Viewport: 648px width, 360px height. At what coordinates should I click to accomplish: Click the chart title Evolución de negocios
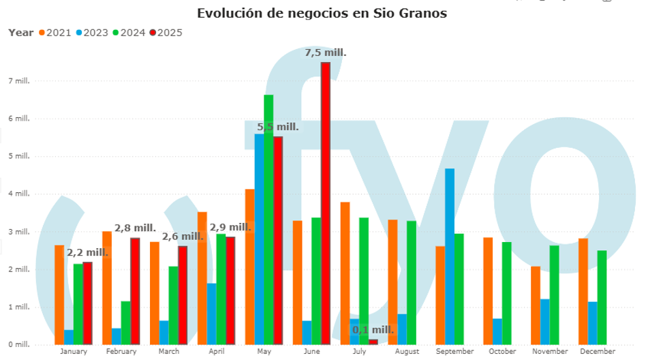coord(322,13)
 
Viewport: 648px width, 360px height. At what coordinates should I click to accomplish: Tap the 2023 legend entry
coord(93,33)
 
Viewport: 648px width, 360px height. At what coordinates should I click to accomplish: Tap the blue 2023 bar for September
coord(450,256)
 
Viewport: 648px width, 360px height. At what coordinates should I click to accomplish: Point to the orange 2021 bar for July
coord(345,273)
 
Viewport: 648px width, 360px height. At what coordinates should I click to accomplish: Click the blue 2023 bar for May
coord(259,239)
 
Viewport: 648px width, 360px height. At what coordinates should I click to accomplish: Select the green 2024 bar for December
coord(602,297)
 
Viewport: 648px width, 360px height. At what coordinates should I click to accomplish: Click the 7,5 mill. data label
coord(326,52)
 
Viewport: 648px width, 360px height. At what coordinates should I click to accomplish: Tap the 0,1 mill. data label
coord(373,330)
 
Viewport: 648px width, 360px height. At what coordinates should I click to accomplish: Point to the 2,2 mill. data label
coord(87,253)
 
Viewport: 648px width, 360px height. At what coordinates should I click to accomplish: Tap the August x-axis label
coord(407,352)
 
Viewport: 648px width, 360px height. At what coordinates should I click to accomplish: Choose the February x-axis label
coord(121,352)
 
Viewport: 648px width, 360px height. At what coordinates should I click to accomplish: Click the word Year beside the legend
coord(20,33)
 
